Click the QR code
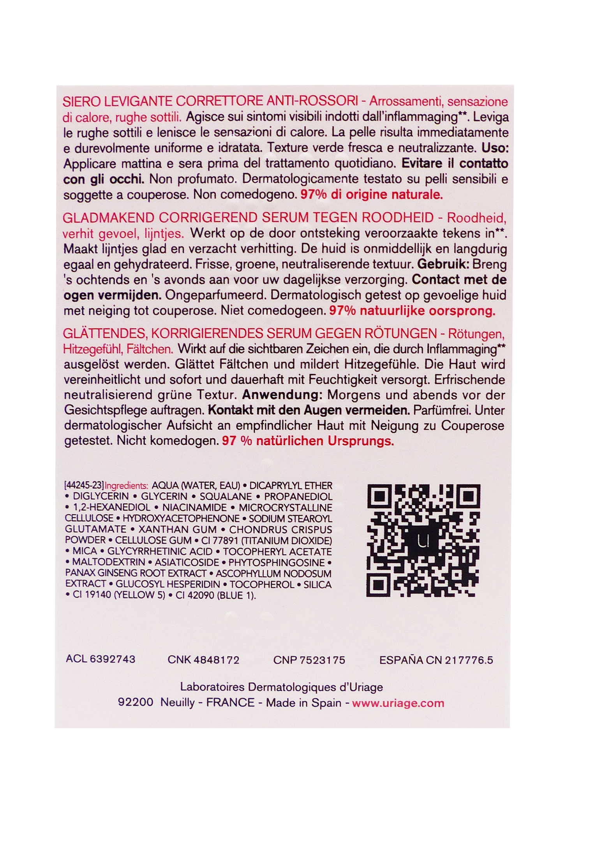[x=423, y=541]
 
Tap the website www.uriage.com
[x=398, y=703]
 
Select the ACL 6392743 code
[x=101, y=659]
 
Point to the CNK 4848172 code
[x=203, y=660]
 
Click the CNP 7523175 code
[x=309, y=660]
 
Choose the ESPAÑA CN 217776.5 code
[x=436, y=660]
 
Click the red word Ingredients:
[x=127, y=486]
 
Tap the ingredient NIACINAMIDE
[x=194, y=508]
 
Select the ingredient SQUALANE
[x=226, y=497]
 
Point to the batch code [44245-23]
[x=84, y=486]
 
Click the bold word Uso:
[x=495, y=148]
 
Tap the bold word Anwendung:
[x=282, y=395]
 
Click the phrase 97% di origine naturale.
[x=372, y=195]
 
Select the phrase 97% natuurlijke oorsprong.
[x=412, y=311]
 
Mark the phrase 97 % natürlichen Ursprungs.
[x=308, y=441]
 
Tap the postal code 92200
[x=136, y=702]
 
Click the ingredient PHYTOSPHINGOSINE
[x=277, y=563]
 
